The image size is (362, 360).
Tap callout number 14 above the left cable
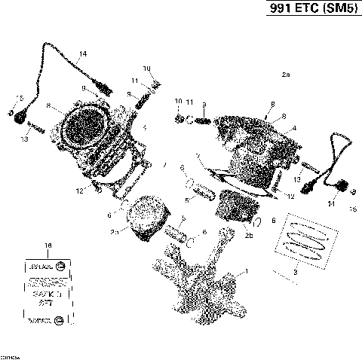82,53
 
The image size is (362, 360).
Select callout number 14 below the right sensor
331,203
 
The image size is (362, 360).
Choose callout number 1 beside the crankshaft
242,270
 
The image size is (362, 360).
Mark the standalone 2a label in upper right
285,75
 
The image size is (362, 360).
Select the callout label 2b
248,235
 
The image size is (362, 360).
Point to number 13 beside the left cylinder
25,139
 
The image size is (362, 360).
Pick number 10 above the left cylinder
146,69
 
